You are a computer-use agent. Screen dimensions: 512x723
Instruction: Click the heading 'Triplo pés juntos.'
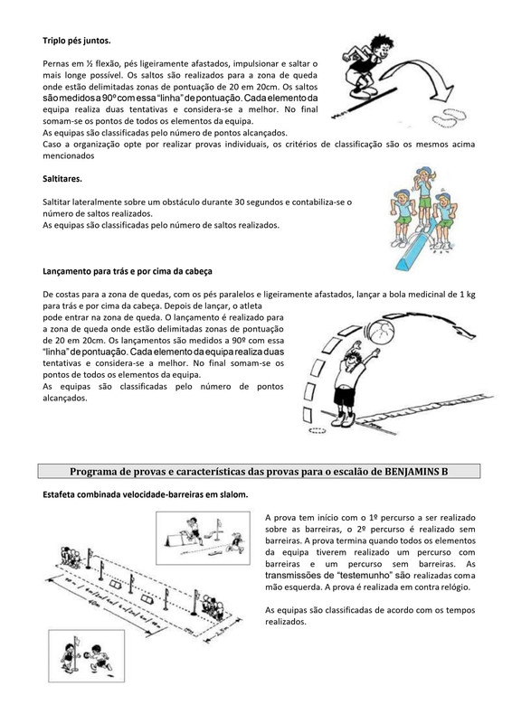coord(77,41)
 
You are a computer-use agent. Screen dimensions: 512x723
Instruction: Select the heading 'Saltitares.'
coord(62,179)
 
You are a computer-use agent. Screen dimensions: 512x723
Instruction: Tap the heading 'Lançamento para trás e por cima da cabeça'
coord(128,271)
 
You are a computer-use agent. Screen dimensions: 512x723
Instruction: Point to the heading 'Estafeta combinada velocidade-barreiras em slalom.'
coord(146,494)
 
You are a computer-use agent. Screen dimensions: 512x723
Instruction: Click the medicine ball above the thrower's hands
coord(381,331)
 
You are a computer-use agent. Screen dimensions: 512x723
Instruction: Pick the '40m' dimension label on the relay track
coord(98,603)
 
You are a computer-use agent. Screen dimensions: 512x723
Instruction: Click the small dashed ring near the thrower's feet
coord(318,431)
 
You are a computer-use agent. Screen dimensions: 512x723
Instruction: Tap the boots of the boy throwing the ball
coord(343,419)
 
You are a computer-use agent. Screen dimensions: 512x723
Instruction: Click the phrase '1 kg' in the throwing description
coord(467,295)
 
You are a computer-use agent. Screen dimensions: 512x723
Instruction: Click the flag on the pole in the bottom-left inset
coord(78,641)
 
